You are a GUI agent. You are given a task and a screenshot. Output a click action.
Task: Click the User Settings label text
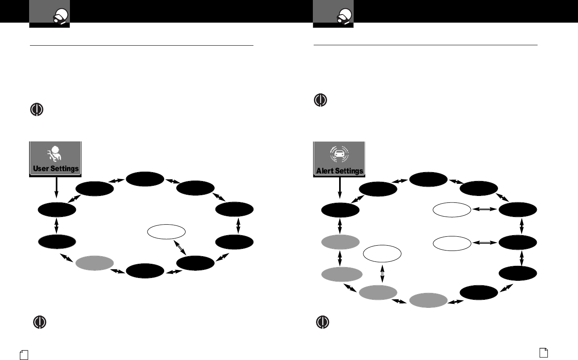tap(56, 168)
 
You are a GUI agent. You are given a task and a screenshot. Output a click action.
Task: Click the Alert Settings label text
tap(340, 171)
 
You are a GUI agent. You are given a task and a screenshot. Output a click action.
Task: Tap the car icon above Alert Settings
tap(340, 154)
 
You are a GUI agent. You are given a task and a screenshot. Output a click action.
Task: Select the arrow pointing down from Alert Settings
tap(340, 189)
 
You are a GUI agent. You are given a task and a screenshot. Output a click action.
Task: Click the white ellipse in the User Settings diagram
tap(167, 232)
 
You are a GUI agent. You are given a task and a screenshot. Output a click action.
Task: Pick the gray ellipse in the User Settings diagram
tap(95, 263)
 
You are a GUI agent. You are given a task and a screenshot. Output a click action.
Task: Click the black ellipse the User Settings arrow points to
tap(57, 210)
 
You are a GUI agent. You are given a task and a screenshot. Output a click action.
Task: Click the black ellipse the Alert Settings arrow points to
tap(340, 210)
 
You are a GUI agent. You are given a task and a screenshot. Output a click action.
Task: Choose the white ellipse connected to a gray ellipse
tap(382, 253)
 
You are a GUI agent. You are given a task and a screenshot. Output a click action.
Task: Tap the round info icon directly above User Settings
tap(37, 110)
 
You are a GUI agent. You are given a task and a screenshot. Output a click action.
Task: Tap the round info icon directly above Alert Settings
tap(321, 100)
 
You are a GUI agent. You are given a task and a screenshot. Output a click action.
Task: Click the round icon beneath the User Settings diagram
tap(39, 322)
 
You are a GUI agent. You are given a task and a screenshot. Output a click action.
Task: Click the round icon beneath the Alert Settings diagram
tap(322, 322)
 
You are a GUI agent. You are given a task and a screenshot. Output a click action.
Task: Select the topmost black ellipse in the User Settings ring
tap(145, 179)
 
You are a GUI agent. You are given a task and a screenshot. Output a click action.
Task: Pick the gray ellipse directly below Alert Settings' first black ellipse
tap(340, 242)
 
